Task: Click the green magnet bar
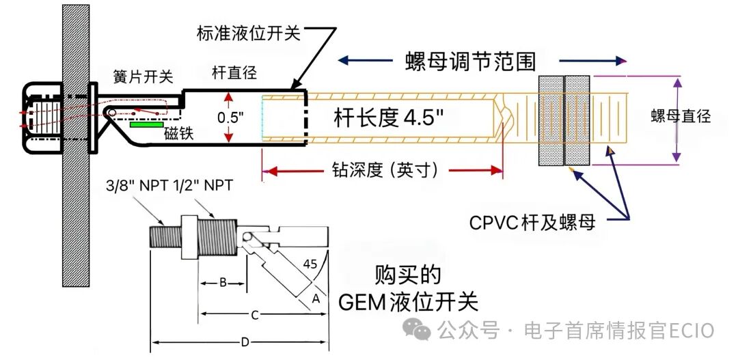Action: point(147,125)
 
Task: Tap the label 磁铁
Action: point(179,134)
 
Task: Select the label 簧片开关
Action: point(143,77)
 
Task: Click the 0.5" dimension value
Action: point(230,117)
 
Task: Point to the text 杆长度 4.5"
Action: point(389,119)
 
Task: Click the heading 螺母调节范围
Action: point(470,61)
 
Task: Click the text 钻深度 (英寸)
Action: point(385,170)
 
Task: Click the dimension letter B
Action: point(223,282)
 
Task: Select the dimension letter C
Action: point(255,316)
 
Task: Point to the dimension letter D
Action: point(245,343)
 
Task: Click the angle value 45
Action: point(310,264)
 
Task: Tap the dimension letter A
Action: point(316,299)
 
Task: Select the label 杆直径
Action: point(234,73)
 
